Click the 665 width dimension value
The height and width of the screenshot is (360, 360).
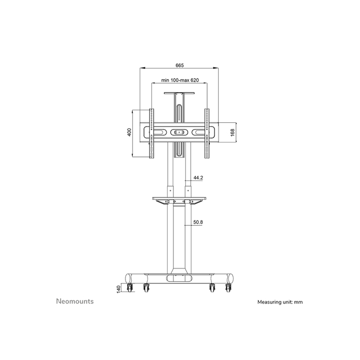179,65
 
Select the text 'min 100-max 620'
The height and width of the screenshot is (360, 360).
179,80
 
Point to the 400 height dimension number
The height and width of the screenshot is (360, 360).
130,133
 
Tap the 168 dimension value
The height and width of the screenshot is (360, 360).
232,133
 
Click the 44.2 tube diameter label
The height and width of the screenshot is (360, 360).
198,177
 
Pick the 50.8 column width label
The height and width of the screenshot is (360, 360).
198,223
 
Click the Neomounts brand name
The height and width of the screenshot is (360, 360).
74,301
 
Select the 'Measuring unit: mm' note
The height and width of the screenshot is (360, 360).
280,302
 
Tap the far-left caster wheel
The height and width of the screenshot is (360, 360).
129,289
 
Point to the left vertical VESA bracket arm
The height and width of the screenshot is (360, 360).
151,133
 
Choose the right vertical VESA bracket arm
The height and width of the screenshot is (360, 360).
208,133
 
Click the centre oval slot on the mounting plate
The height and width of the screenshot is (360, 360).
179,132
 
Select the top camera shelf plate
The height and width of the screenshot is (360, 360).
179,93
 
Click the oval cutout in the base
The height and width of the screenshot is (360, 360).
179,278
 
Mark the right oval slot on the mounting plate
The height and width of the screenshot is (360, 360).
201,132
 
